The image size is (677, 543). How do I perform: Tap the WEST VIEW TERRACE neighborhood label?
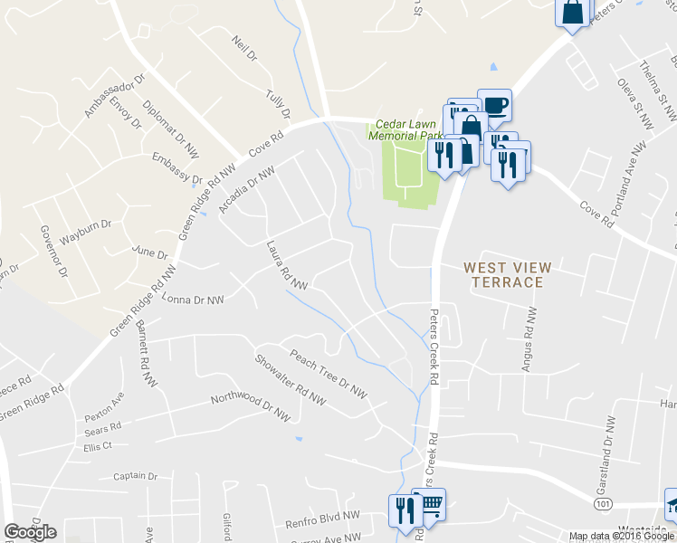pos(503,274)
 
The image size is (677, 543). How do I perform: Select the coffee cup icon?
pos(494,105)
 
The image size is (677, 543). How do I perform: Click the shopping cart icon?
pos(431,503)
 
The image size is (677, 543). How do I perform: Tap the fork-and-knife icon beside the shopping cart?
pos(403,510)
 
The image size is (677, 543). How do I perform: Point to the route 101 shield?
pos(602,502)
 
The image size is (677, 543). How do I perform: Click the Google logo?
pos(30,532)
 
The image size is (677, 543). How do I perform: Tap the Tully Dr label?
pos(278,104)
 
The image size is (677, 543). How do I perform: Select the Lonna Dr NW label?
pos(192,300)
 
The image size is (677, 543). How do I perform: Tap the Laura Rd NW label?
pos(287,265)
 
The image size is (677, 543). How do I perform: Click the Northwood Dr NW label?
pos(250,409)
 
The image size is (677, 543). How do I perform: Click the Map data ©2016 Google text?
pos(621,536)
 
